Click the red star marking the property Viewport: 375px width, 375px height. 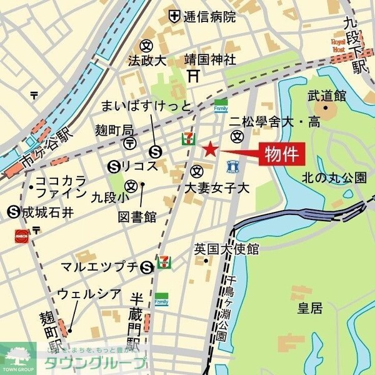pyautogui.click(x=210, y=149)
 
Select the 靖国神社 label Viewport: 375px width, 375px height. pyautogui.click(x=210, y=60)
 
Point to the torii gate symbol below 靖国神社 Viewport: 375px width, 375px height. pyautogui.click(x=194, y=76)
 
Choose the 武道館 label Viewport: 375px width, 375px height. pyautogui.click(x=326, y=95)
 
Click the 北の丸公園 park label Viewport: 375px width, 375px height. pyautogui.click(x=334, y=177)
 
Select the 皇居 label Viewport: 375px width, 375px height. pyautogui.click(x=307, y=307)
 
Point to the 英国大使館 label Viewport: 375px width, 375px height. pyautogui.click(x=226, y=248)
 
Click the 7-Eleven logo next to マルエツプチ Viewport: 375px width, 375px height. pyautogui.click(x=163, y=266)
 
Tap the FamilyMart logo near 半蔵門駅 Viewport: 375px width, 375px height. pyautogui.click(x=162, y=299)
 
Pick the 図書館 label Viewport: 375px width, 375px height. pyautogui.click(x=137, y=217)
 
